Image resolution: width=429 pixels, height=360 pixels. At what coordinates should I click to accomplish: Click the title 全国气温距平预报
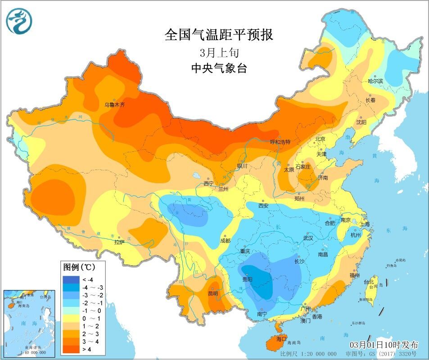point(219,35)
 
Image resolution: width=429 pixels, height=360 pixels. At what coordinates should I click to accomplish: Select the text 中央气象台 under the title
point(219,68)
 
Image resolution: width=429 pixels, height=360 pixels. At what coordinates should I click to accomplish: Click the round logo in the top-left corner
point(19,21)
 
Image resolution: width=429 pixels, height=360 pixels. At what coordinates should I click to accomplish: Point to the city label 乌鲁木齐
point(114,105)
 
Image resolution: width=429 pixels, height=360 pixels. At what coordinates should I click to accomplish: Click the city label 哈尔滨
point(375,81)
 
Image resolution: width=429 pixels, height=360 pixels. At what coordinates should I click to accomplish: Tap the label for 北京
point(320,139)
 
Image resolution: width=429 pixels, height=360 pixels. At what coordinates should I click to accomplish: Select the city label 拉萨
point(119,242)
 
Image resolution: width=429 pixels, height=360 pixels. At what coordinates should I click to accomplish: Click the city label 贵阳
point(247,279)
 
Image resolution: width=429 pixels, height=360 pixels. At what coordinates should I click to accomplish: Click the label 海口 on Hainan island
point(282,338)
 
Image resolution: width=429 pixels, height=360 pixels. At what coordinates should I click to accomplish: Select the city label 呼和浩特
point(280,142)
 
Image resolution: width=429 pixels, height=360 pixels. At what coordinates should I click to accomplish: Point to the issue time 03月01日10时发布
point(384,345)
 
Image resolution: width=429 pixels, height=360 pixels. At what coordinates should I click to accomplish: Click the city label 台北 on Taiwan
point(369,282)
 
